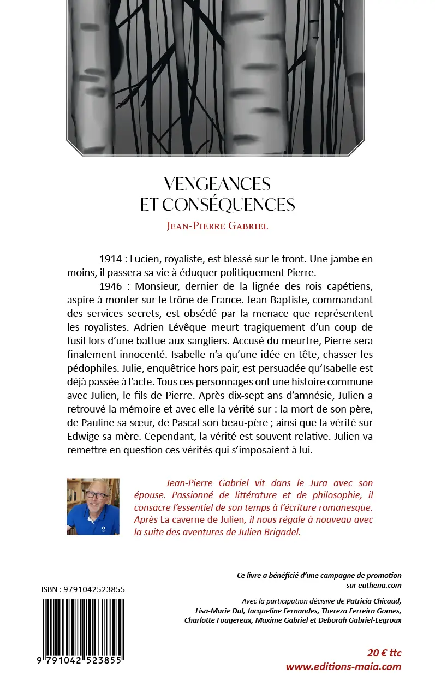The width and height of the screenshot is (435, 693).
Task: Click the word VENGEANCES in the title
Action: click(217, 183)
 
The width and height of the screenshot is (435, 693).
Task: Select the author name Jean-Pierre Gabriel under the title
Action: click(217, 225)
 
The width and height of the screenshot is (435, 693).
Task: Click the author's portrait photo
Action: click(93, 506)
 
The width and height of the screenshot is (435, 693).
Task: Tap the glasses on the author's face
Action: click(97, 495)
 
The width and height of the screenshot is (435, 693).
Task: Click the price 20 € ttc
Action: click(384, 653)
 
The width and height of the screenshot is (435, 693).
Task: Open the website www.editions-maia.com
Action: click(343, 666)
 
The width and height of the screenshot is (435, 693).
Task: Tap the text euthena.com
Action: click(382, 585)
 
